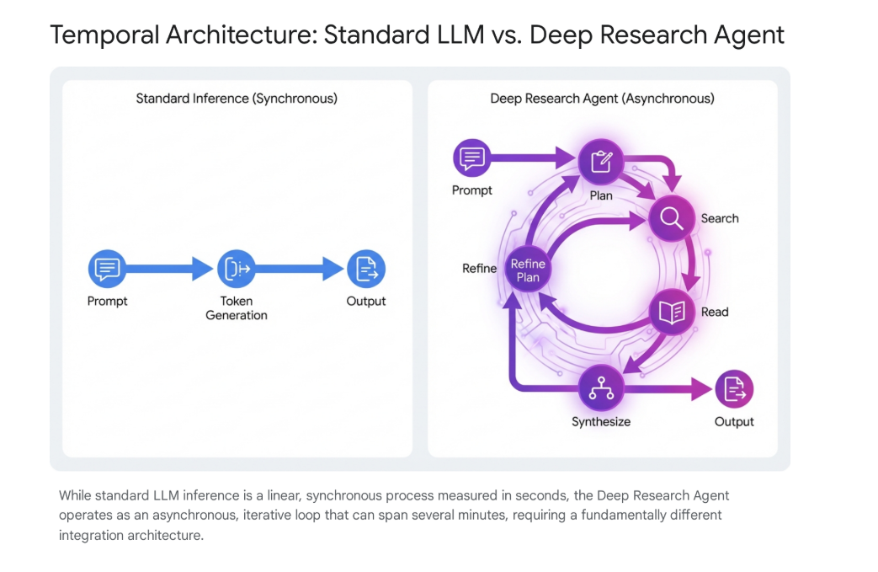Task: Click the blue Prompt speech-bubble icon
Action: (108, 270)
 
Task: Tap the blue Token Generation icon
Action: (237, 270)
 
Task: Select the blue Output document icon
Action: (366, 270)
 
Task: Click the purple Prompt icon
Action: (471, 158)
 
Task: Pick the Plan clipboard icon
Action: (600, 161)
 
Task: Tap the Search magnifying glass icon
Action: (671, 219)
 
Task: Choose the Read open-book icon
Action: (672, 313)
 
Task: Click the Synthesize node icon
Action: (600, 388)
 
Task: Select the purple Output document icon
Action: (734, 388)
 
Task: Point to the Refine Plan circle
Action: (528, 270)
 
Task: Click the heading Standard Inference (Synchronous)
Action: (237, 99)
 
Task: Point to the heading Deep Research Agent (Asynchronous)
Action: (602, 99)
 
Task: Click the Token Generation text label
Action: (237, 308)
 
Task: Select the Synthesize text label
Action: (601, 421)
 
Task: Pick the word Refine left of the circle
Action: (479, 269)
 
